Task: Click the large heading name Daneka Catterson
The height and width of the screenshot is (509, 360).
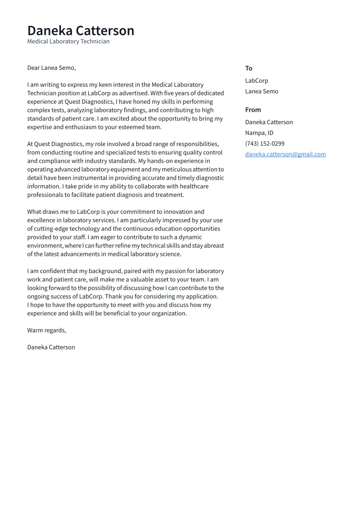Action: click(x=81, y=31)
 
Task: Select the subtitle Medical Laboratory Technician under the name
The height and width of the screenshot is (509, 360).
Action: click(x=68, y=41)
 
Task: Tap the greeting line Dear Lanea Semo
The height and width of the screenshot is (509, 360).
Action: click(x=51, y=68)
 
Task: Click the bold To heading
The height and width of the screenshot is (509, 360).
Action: click(x=248, y=68)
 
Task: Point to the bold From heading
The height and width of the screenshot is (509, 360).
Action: click(x=253, y=110)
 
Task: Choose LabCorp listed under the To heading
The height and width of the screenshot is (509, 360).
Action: click(x=256, y=81)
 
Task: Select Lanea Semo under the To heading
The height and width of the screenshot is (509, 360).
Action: click(x=261, y=92)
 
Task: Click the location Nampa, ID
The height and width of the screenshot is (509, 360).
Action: click(x=259, y=133)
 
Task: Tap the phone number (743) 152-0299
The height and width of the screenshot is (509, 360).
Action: click(x=264, y=144)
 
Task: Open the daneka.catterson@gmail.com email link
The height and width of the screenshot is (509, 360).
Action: click(x=285, y=154)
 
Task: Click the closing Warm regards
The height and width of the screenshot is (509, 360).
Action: click(x=47, y=331)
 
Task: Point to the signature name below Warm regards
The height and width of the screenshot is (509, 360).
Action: click(x=51, y=347)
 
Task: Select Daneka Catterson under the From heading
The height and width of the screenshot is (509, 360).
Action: click(x=269, y=122)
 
